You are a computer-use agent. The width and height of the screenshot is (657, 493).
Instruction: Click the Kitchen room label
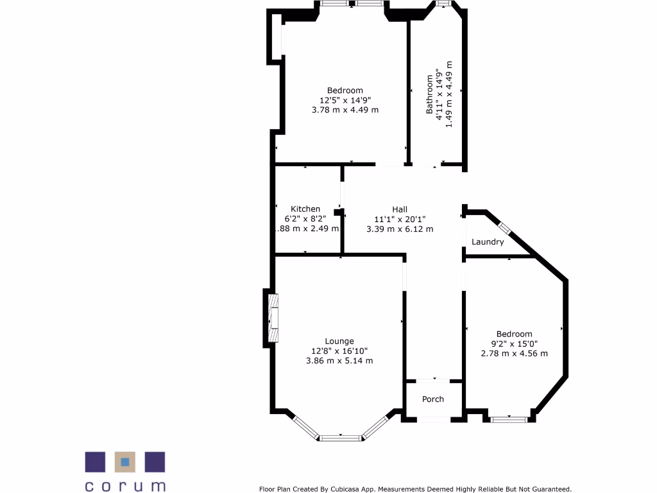click(x=305, y=209)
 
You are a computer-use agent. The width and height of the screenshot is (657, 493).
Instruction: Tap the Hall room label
click(x=400, y=209)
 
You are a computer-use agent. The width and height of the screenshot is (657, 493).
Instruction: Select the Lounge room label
click(x=339, y=341)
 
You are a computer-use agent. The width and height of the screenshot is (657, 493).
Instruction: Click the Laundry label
click(x=488, y=242)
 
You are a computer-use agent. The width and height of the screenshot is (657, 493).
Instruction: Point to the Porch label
click(x=433, y=399)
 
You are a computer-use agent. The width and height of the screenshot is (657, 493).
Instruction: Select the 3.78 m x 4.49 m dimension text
click(x=345, y=110)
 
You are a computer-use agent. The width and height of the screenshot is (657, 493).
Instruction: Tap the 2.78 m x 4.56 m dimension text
click(x=515, y=353)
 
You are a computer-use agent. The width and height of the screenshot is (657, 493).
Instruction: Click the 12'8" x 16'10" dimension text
click(x=339, y=351)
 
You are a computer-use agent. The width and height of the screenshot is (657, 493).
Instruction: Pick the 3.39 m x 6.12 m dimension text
click(x=400, y=229)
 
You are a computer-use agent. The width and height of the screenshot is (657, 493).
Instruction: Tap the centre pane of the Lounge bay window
click(x=340, y=438)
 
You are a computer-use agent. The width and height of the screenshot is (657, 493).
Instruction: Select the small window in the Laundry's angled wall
click(x=504, y=227)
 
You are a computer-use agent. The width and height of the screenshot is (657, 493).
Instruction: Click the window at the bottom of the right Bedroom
click(x=509, y=420)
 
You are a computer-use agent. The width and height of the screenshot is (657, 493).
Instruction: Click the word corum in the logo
click(x=125, y=485)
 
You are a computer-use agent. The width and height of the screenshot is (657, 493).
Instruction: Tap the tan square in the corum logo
click(x=125, y=462)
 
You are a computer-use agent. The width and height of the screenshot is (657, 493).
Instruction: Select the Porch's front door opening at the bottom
click(x=434, y=420)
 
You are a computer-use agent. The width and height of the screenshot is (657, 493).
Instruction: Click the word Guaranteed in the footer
click(x=547, y=489)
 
